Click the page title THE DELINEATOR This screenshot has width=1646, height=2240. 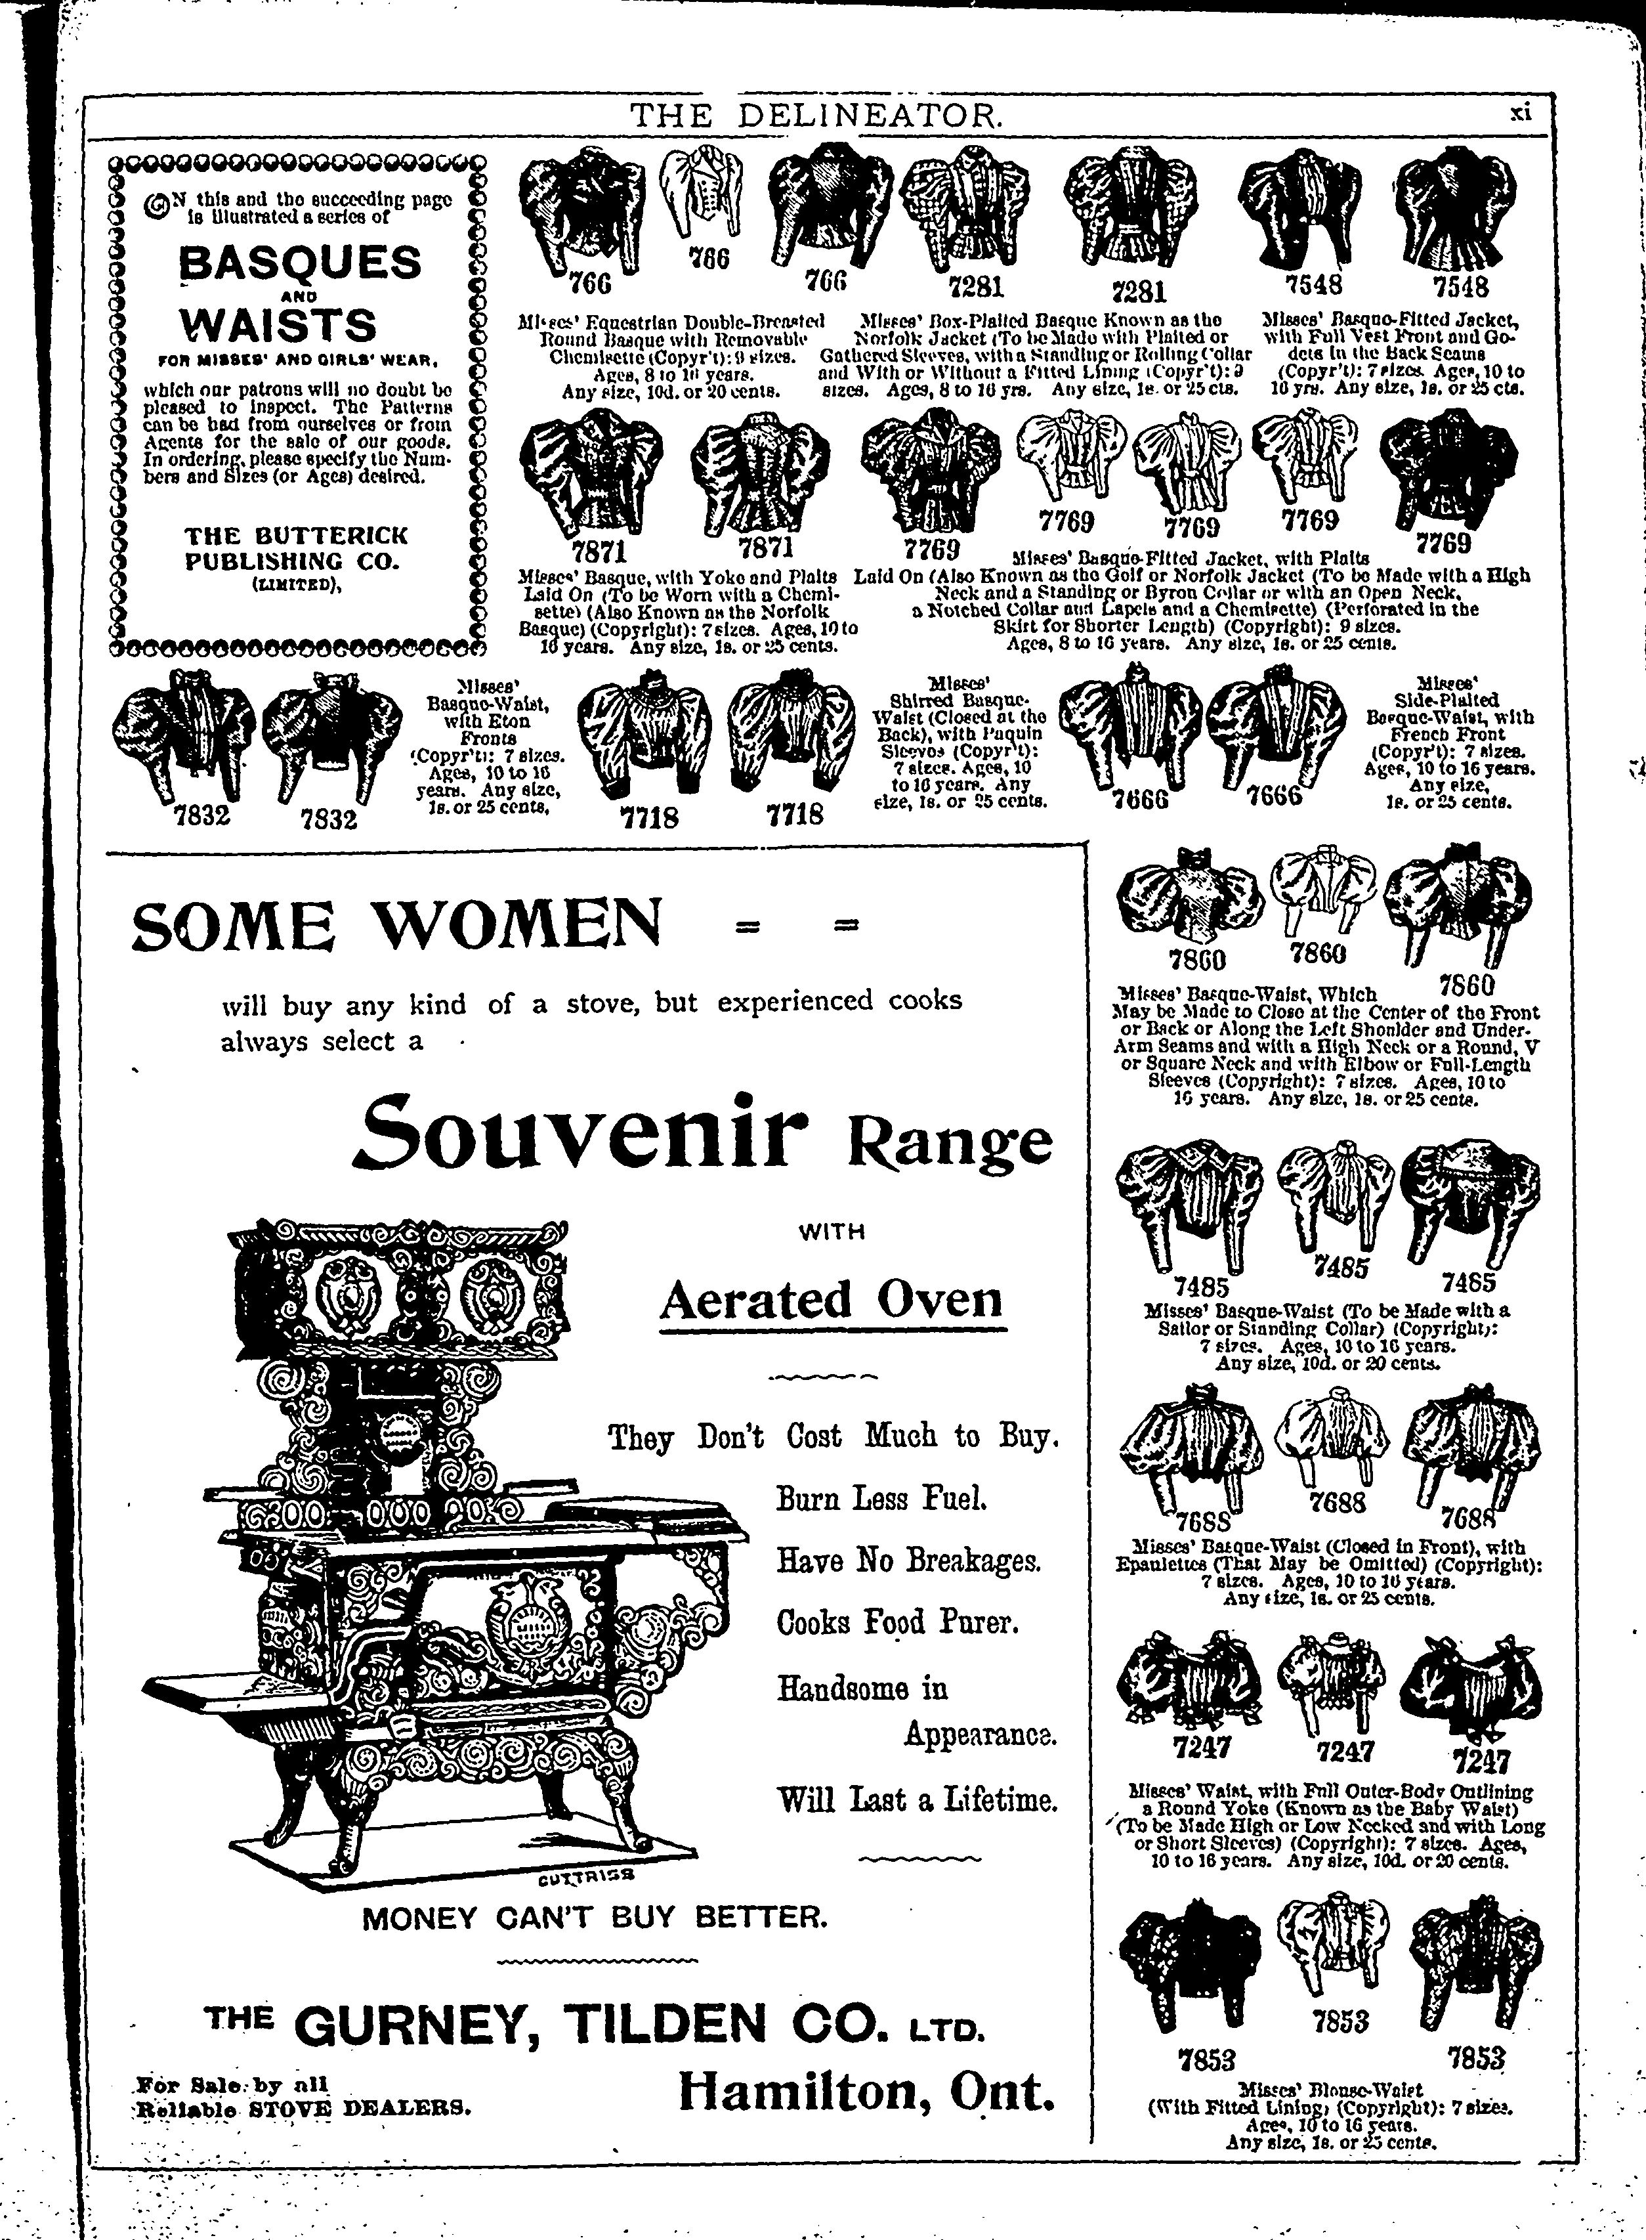[x=816, y=118]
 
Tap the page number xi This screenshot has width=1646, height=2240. [x=1519, y=113]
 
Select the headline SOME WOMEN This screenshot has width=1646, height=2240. [x=396, y=925]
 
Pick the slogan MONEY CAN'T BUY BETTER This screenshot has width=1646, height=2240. [x=595, y=1917]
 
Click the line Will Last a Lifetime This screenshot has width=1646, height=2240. [x=916, y=1799]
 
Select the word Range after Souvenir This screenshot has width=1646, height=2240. [x=948, y=1142]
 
